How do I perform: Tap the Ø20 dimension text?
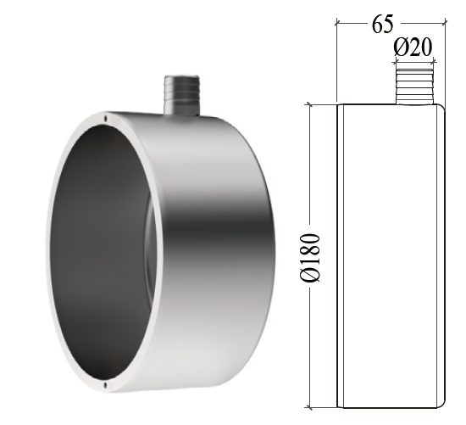(414, 48)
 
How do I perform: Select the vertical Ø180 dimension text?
(311, 254)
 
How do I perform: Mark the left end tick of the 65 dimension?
(337, 23)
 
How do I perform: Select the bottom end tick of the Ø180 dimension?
(311, 404)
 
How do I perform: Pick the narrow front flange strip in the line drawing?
(341, 254)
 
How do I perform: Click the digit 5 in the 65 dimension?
(393, 23)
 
